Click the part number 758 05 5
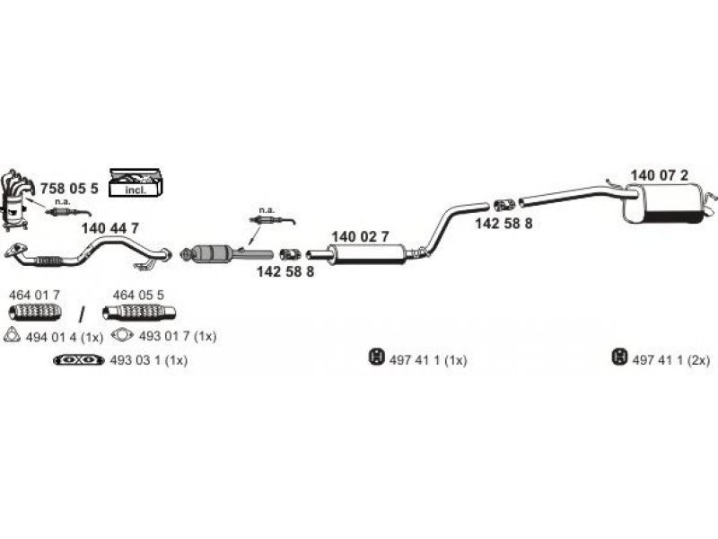69,189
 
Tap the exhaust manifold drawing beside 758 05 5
18,199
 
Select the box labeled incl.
136,182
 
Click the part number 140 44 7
109,228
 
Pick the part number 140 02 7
360,236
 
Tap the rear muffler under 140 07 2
664,204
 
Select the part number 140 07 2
659,175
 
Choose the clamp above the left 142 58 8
289,254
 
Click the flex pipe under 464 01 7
35,312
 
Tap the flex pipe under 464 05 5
139,312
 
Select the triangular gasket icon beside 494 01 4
12,335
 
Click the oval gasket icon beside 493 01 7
122,335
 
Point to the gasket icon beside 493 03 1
78,360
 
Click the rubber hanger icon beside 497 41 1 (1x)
376,357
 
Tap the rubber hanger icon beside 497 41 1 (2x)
618,357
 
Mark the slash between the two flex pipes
82,314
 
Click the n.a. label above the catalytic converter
267,210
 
